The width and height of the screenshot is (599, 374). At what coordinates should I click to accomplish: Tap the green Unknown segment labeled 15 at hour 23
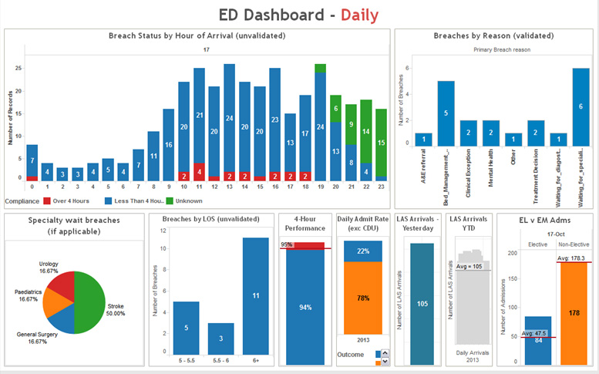[x=381, y=143]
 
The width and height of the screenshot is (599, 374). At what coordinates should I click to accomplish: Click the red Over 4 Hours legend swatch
[x=46, y=200]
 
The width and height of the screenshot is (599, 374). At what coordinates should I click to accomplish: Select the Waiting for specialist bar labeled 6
[x=580, y=107]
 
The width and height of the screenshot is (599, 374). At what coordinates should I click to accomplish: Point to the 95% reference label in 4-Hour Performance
[x=286, y=244]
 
